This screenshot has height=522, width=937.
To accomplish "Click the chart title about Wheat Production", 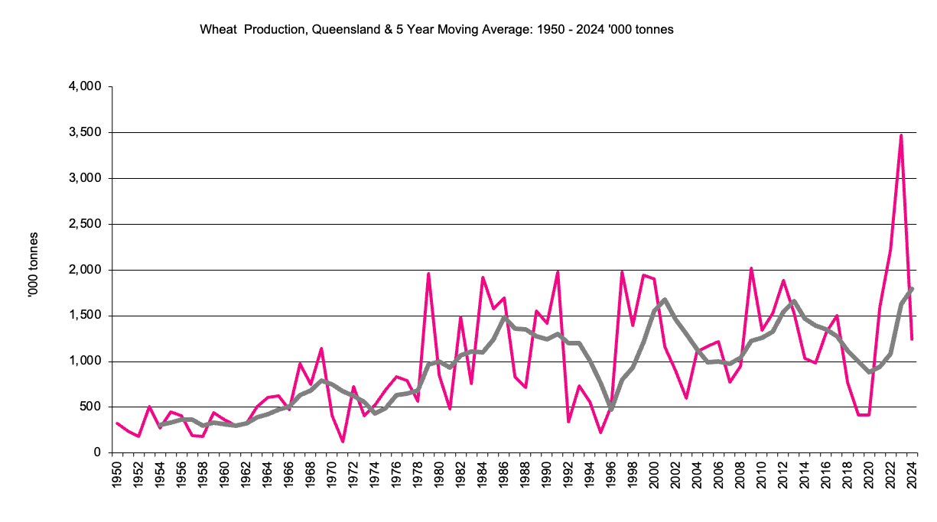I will click(436, 30).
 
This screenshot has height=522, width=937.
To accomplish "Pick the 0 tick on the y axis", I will click(97, 453).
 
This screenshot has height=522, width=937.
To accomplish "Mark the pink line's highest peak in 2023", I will click(901, 135).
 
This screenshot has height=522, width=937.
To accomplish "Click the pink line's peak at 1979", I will click(428, 274).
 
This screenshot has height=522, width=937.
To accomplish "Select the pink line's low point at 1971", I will click(343, 442).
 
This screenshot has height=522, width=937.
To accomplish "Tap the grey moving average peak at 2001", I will click(665, 300).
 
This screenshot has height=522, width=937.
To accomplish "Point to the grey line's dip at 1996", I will click(611, 409).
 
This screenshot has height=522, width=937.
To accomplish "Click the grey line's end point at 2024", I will click(913, 289).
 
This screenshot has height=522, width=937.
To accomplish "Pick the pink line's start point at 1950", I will click(117, 423).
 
